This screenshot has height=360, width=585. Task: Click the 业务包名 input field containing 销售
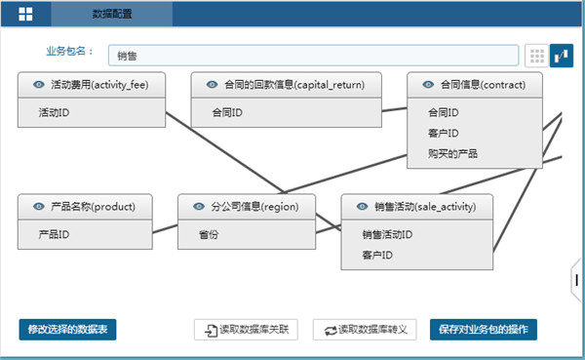point(313,56)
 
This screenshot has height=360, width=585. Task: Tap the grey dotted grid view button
point(536,56)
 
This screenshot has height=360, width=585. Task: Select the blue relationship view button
point(562,56)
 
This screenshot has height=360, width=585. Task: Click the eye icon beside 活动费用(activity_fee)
point(38,85)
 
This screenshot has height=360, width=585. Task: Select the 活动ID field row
point(91,113)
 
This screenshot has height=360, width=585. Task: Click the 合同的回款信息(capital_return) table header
point(286,85)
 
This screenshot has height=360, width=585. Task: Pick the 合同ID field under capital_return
point(286,113)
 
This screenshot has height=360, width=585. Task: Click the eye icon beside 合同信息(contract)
point(428,85)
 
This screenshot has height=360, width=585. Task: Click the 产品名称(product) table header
point(86,207)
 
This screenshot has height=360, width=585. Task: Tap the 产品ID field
point(86,235)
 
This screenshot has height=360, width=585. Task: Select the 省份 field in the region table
point(247,235)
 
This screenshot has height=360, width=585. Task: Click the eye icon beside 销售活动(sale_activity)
point(362,207)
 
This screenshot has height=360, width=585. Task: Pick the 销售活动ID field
point(416,234)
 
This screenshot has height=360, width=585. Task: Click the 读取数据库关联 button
point(246,330)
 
